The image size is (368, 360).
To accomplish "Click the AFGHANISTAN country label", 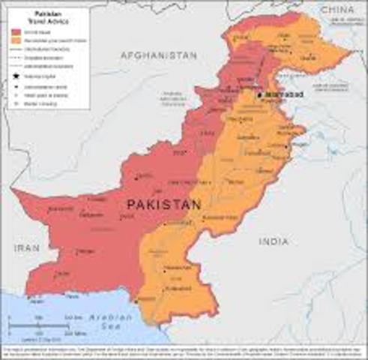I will click(x=158, y=55).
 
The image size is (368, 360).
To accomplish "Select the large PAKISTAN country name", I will click(x=163, y=203).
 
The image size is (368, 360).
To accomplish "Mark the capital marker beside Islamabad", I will click(x=259, y=95).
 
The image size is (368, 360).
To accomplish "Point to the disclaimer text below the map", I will click(x=184, y=350).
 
